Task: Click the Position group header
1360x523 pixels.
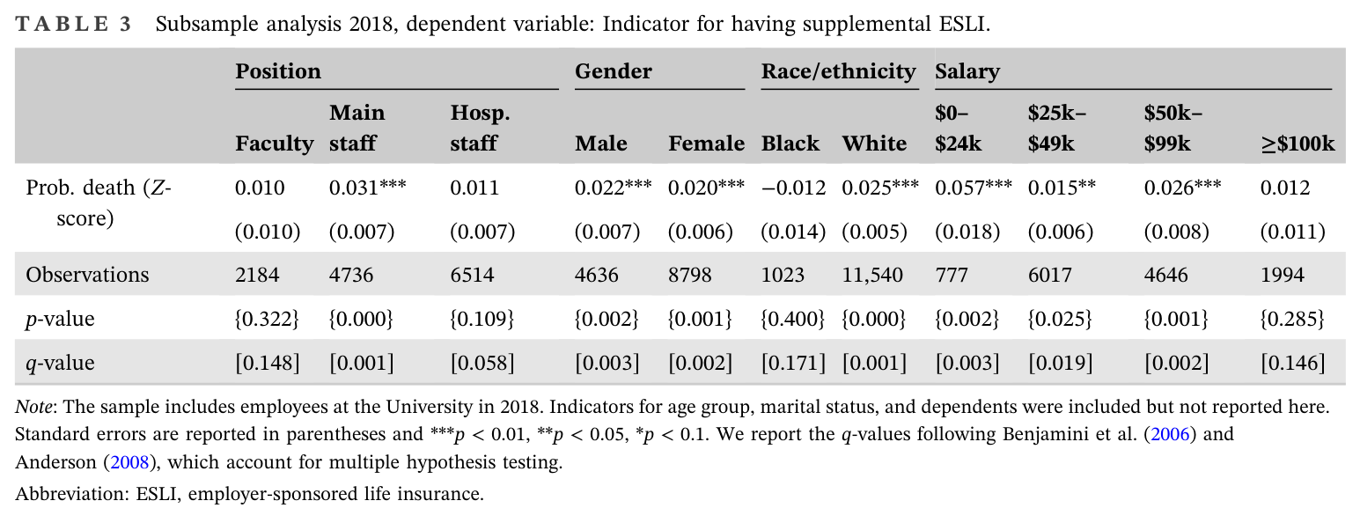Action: (278, 71)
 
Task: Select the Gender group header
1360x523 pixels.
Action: (614, 71)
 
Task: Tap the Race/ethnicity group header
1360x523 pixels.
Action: (839, 71)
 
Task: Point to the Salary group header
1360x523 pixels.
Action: (967, 71)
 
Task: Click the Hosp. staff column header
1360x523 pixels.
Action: (480, 129)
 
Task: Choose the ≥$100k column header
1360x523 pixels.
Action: (1298, 144)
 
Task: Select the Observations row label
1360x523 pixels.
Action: (87, 275)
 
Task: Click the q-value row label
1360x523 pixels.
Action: (60, 363)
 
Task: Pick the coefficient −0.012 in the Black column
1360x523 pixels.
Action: (793, 188)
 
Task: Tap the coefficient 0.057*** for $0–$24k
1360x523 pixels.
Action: (974, 187)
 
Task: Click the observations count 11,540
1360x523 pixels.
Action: (871, 276)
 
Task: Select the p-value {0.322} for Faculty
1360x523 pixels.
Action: (267, 319)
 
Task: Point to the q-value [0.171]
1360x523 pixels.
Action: (793, 363)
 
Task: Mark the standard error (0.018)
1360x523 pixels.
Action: (967, 232)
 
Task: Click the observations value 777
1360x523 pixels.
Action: (952, 275)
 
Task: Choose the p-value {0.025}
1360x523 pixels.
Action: (1060, 319)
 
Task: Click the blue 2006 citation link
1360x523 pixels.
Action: (1169, 434)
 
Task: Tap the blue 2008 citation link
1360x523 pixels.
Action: (129, 462)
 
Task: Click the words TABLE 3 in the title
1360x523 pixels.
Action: (73, 25)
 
